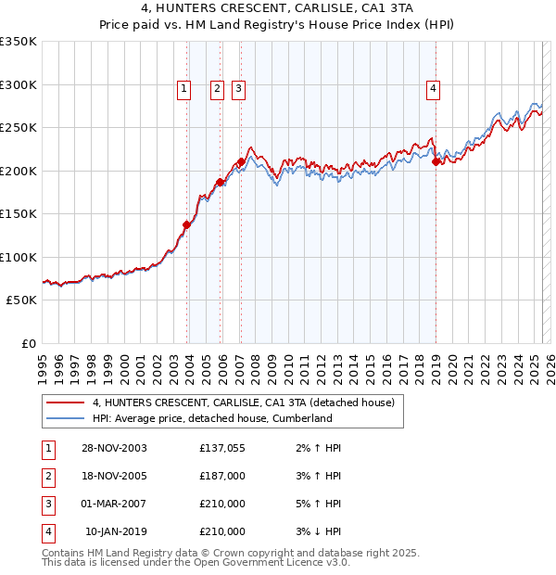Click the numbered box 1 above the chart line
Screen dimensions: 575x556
click(183, 89)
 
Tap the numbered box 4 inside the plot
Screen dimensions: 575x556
click(433, 89)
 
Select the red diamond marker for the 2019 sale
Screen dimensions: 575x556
click(436, 161)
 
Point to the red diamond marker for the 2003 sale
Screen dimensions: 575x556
click(186, 224)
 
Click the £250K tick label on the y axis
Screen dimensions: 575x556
click(19, 128)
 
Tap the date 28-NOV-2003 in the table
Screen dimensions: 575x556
click(114, 448)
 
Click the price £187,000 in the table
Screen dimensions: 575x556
click(222, 476)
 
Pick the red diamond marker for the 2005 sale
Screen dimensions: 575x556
click(220, 182)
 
